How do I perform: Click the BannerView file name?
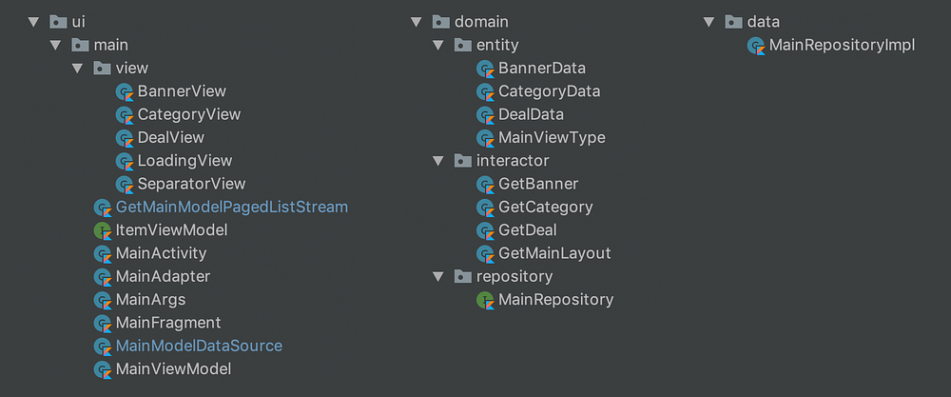[x=182, y=91]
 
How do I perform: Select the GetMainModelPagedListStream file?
[x=231, y=207]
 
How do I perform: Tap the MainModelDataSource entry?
[x=199, y=346]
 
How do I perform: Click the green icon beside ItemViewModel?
[x=102, y=230]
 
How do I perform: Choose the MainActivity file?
[x=161, y=253]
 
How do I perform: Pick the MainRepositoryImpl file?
[x=842, y=45]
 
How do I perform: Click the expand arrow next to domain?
[x=416, y=22]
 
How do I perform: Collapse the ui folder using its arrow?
[x=34, y=22]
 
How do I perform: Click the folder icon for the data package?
[x=733, y=22]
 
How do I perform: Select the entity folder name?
[x=497, y=45]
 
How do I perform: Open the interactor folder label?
[x=513, y=161]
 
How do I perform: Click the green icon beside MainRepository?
[x=485, y=300]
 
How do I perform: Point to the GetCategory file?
[x=545, y=207]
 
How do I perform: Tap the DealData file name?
[x=531, y=114]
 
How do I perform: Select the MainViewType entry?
[x=552, y=137]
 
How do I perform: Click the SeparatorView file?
[x=191, y=184]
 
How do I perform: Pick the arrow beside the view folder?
[x=77, y=69]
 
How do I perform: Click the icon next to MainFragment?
[x=102, y=323]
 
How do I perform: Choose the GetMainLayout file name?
[x=554, y=253]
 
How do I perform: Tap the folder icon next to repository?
[x=462, y=277]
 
